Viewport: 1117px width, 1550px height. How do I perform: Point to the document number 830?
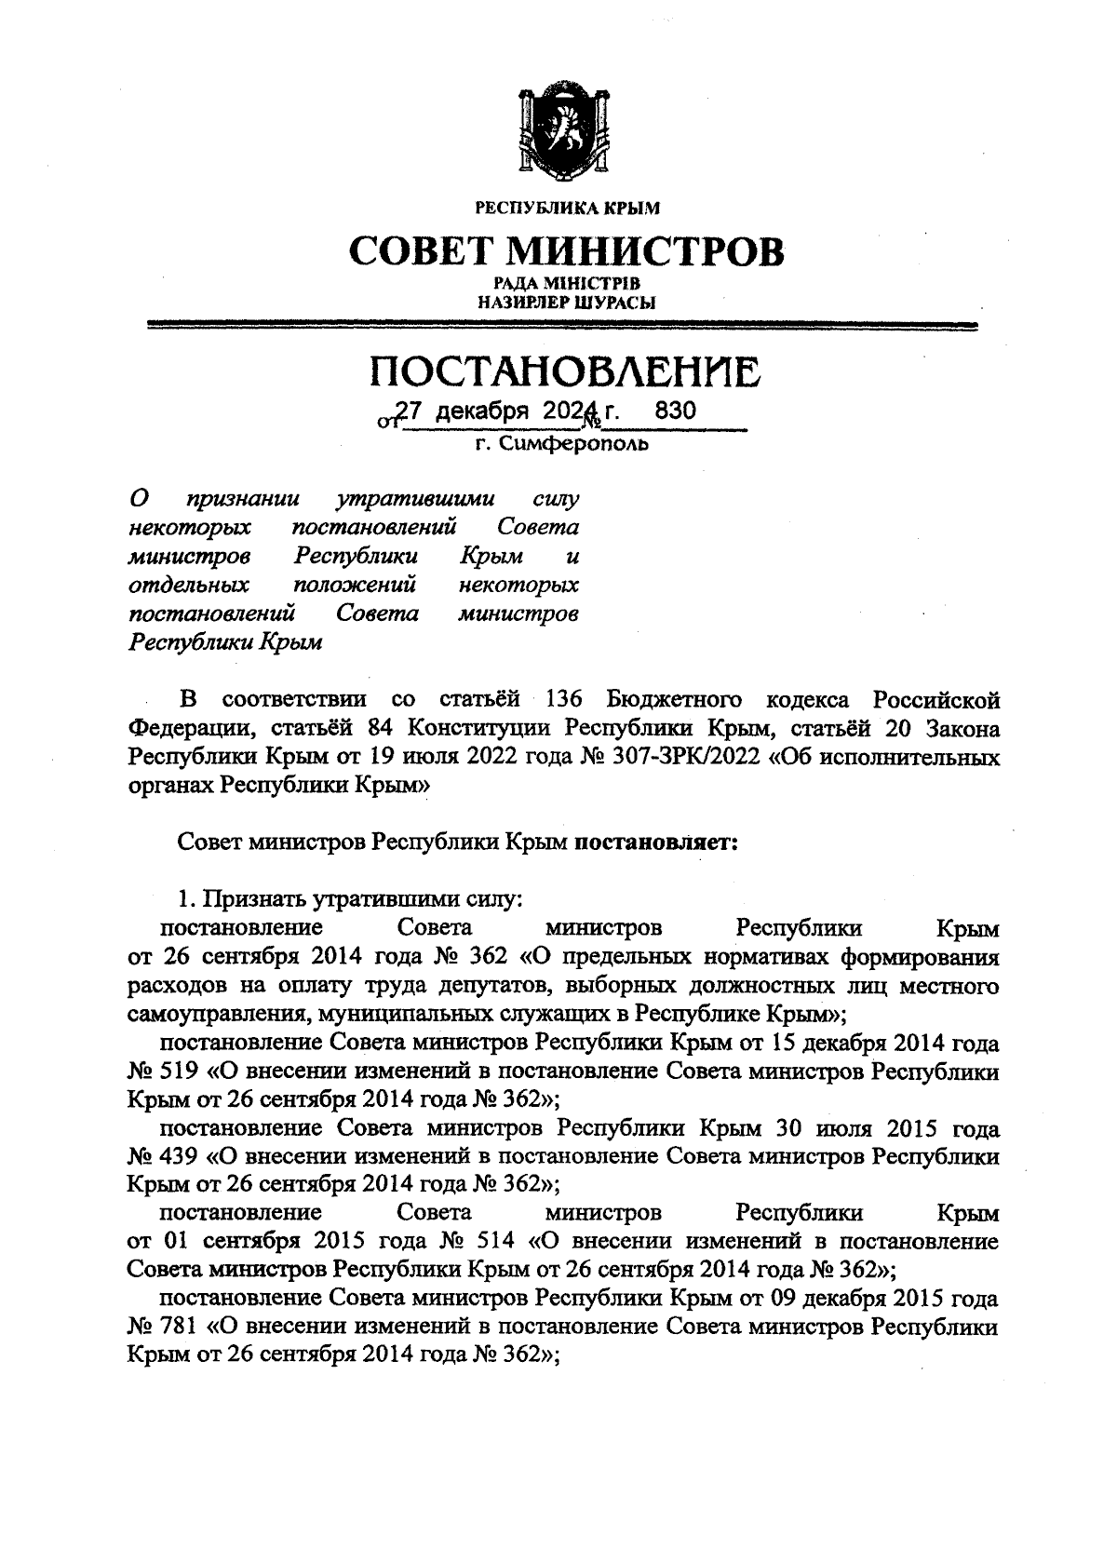pyautogui.click(x=675, y=411)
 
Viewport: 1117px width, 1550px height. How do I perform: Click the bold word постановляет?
pyautogui.click(x=656, y=842)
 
